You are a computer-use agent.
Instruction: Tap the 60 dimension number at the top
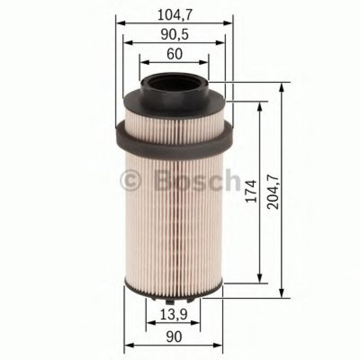(x=174, y=54)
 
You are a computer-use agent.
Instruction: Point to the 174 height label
(x=251, y=191)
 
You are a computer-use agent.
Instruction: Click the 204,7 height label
(x=274, y=191)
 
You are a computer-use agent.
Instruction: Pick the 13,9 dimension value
(x=174, y=316)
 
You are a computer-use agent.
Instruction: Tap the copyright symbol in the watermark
(x=131, y=181)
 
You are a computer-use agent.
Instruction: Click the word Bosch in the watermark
(x=197, y=180)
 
